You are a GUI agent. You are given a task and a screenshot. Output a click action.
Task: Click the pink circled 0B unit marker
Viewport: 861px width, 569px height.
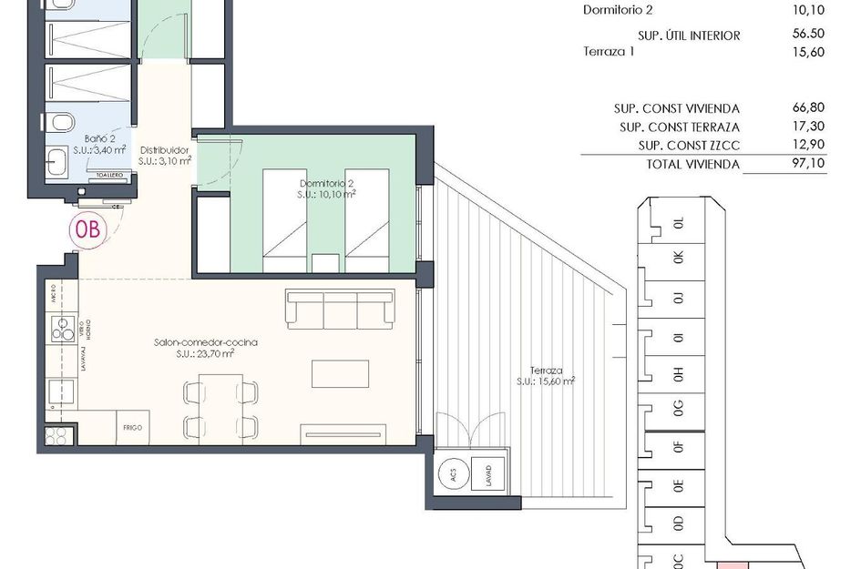point(89,229)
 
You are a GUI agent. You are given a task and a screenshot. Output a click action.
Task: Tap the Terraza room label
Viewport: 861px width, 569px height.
point(547,376)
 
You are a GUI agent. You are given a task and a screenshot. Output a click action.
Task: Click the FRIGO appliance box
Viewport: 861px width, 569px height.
point(132,426)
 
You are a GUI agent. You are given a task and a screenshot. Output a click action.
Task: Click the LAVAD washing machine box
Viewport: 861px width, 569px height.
point(487,473)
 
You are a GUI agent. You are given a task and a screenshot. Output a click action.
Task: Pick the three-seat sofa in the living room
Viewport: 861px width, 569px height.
point(341,309)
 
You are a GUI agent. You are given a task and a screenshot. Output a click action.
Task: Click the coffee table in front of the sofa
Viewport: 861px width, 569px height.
point(340,374)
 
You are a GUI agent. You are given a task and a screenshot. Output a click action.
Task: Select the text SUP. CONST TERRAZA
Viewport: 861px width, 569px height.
point(679,127)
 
